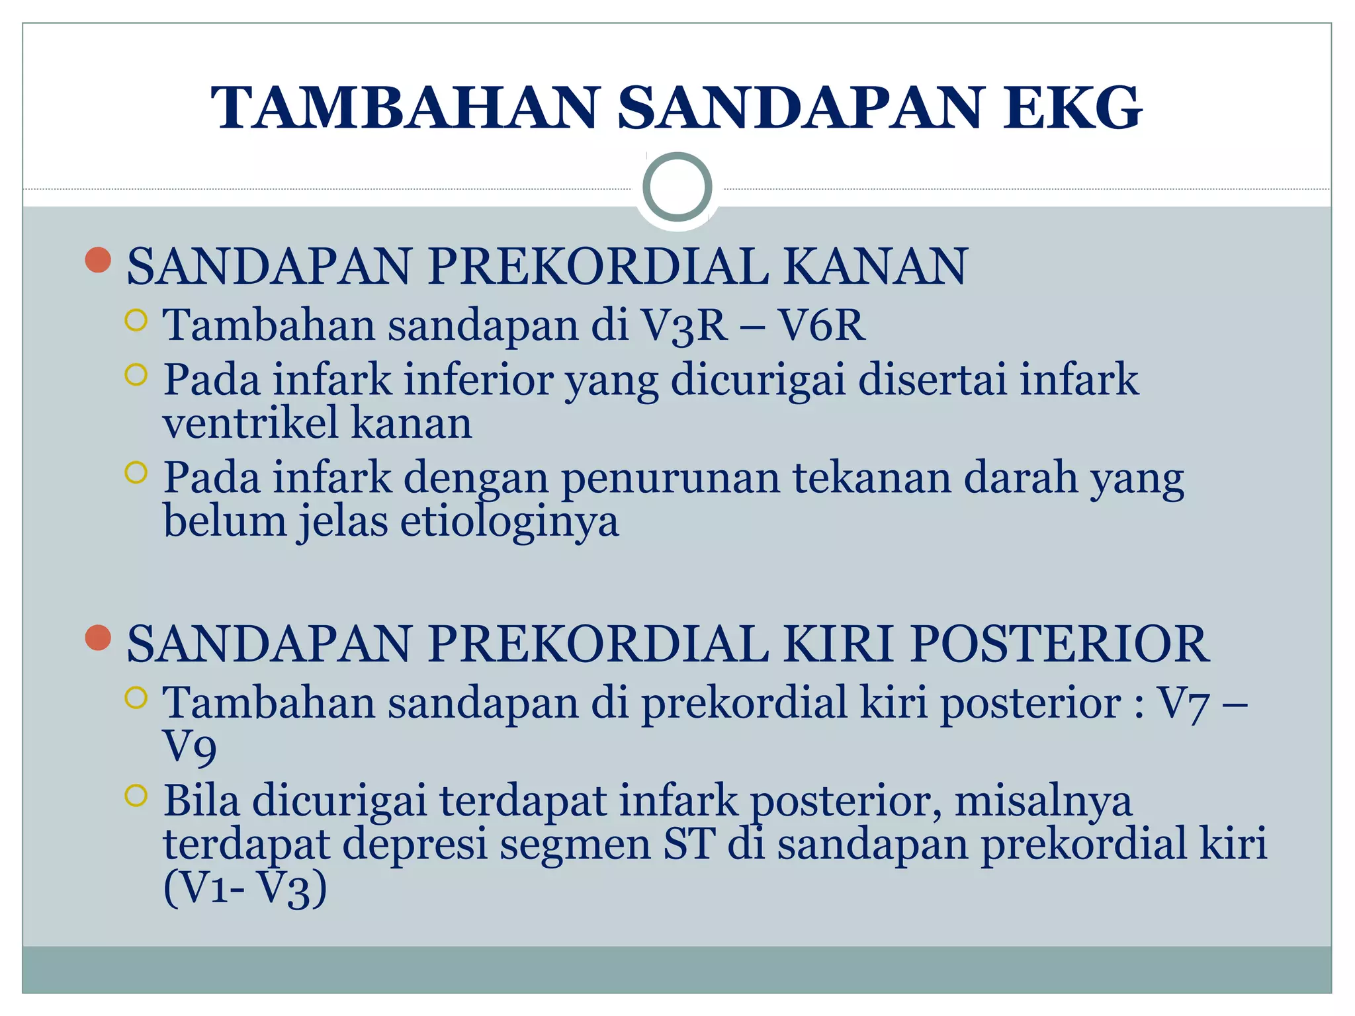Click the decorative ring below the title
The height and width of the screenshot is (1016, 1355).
[677, 187]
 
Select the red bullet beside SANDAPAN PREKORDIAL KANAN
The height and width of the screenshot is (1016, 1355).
[98, 260]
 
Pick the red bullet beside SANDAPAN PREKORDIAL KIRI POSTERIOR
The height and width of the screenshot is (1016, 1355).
[98, 638]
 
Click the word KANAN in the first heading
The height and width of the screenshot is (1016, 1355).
[875, 266]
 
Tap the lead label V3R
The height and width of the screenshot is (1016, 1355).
[684, 325]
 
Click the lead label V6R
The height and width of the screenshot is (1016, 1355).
[820, 325]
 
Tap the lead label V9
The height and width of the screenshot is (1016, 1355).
[189, 747]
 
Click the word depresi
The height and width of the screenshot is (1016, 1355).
[415, 845]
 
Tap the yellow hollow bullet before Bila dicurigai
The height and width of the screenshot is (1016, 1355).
[136, 796]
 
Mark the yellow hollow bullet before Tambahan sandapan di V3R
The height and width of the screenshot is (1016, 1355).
[136, 321]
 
